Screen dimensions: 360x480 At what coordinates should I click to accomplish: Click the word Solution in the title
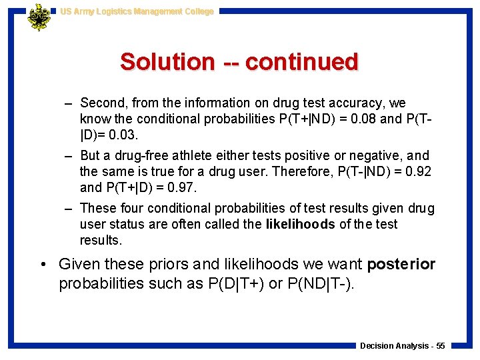click(167, 62)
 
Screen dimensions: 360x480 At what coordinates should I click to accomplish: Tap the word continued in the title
click(301, 62)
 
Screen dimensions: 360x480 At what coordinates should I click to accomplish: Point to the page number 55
click(440, 345)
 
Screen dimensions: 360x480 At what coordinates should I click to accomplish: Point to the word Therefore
click(315, 171)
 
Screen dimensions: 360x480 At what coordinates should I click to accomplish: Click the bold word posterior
click(401, 264)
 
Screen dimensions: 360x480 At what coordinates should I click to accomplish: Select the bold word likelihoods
click(300, 224)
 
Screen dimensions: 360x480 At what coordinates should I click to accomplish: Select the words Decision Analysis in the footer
click(393, 345)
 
